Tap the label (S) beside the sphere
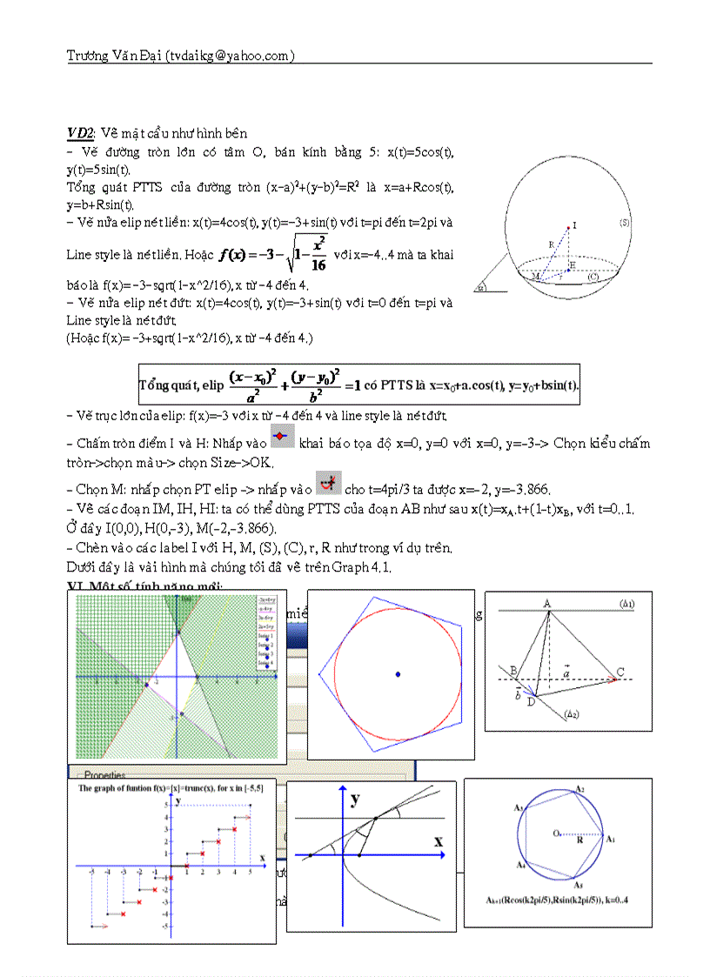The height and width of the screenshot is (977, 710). (625, 223)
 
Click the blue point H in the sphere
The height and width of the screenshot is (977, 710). (566, 270)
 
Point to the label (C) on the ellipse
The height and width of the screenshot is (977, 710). (593, 277)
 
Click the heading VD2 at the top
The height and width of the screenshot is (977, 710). (80, 133)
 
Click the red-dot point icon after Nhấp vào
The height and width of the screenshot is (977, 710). (282, 438)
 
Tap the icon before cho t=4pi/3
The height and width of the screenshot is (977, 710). (328, 482)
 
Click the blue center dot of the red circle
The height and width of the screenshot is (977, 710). (398, 673)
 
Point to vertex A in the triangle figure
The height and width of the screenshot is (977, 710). (548, 603)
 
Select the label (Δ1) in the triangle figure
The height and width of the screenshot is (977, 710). (626, 603)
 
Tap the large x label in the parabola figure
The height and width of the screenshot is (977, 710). (438, 841)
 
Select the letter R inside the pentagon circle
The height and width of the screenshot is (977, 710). (579, 841)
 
